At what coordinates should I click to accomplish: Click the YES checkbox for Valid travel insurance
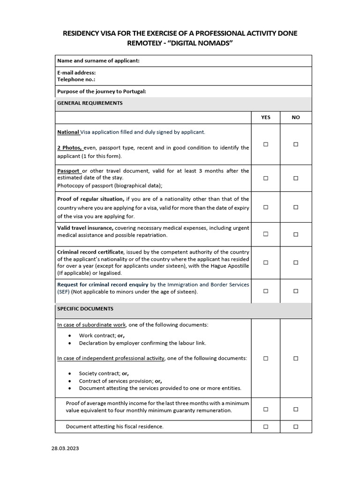pos(266,234)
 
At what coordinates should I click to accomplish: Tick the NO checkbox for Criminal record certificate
pos(296,262)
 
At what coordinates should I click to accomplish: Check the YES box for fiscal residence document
pos(266,427)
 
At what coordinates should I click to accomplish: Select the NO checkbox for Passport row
pos(296,178)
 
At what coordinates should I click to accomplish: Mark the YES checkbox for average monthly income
pos(266,409)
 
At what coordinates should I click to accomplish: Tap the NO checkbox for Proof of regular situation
pos(296,207)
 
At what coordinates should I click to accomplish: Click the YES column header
pos(266,117)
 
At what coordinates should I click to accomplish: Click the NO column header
pos(296,117)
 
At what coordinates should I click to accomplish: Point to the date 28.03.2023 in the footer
pos(65,448)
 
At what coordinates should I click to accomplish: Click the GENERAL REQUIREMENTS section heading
pos(90,103)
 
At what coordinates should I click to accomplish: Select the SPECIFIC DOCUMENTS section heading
pos(85,309)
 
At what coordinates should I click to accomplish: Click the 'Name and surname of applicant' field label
pos(98,60)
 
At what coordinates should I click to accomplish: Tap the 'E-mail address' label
pos(76,73)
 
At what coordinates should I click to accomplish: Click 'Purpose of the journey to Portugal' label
pos(102,91)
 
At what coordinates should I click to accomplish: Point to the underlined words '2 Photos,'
pos(70,148)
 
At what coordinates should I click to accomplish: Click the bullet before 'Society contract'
pos(70,374)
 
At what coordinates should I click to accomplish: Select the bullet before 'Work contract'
pos(70,336)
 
